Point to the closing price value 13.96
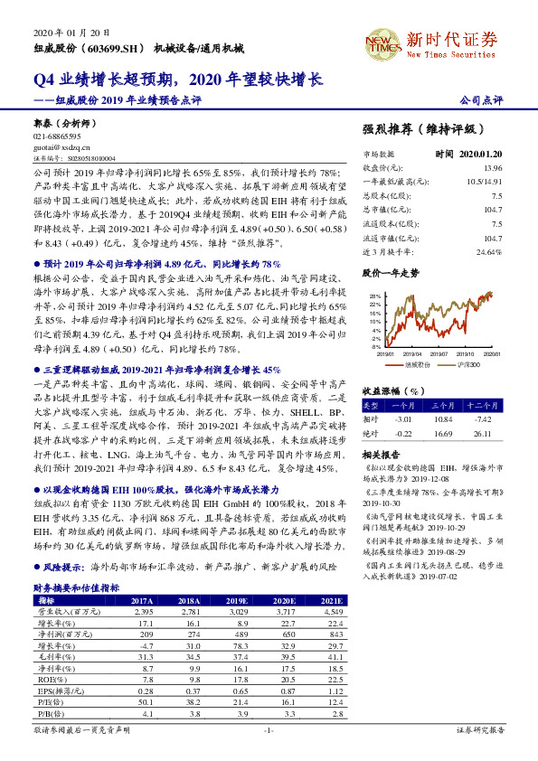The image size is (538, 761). [492, 168]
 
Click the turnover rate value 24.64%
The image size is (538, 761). [487, 251]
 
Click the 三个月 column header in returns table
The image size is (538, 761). [442, 407]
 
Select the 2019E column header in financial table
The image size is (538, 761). [237, 599]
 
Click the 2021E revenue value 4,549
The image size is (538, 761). [332, 612]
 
